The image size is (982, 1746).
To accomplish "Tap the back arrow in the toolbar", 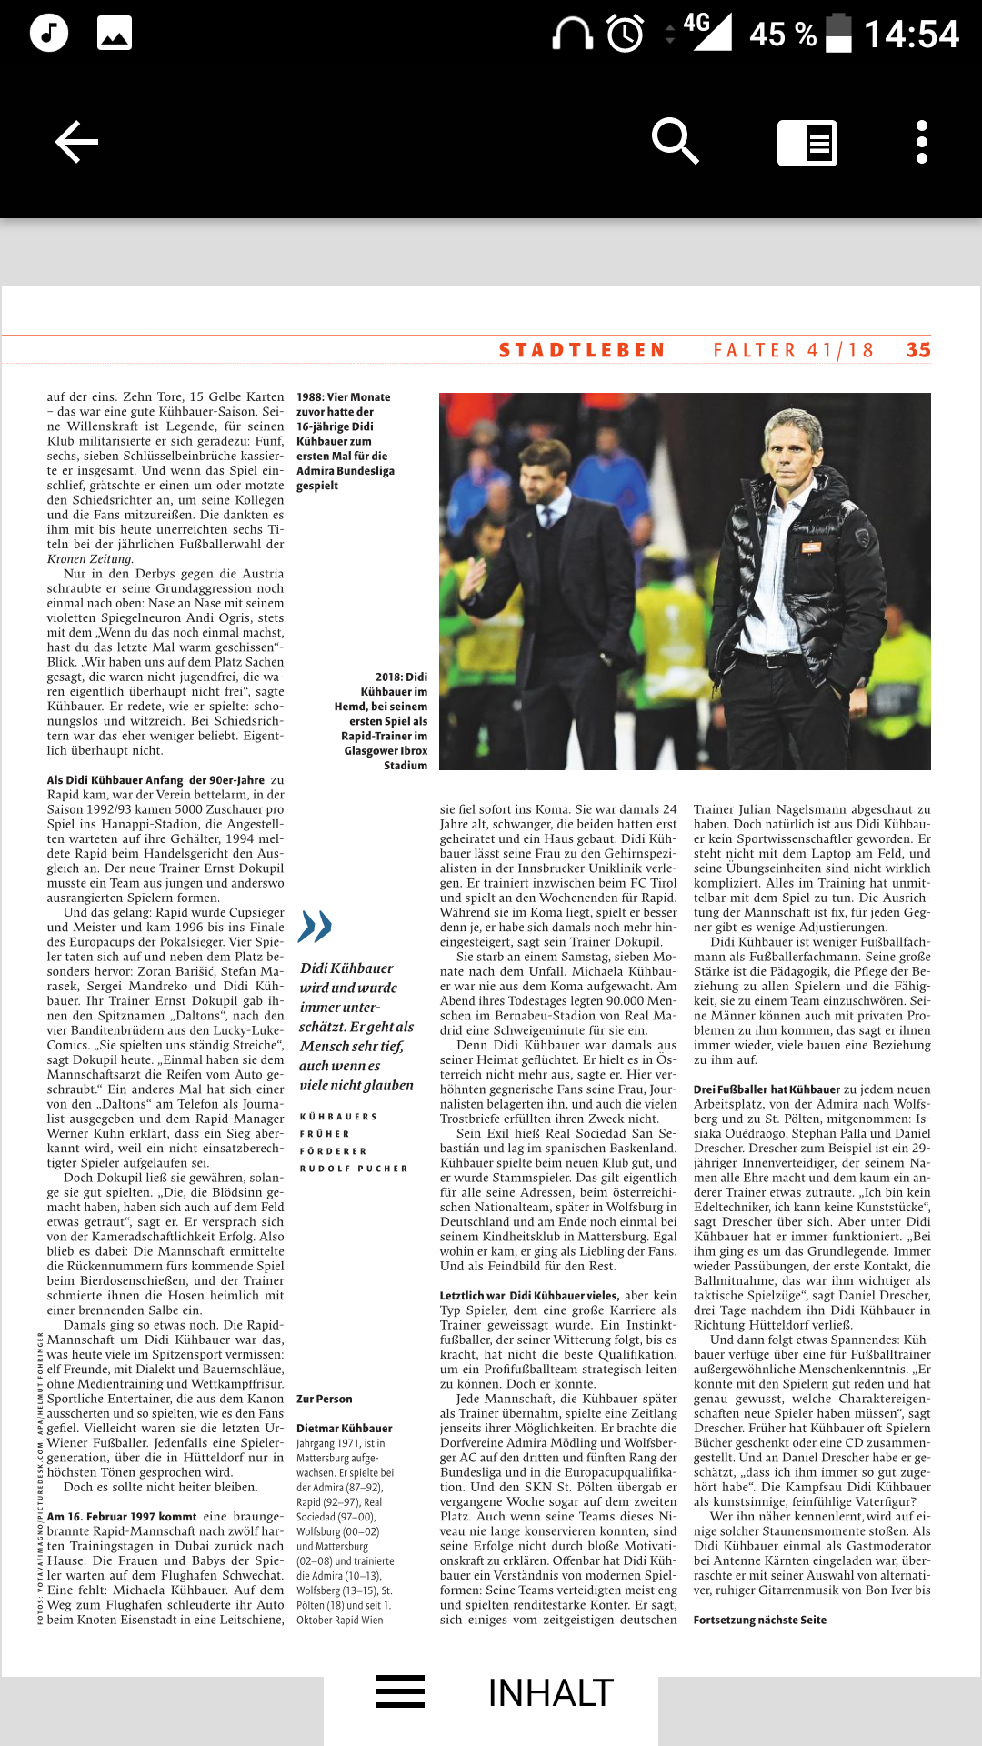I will point(76,142).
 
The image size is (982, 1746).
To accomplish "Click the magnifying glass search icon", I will point(675,142).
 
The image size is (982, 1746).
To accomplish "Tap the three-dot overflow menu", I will point(921,142).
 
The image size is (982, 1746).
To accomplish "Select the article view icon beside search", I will point(807,143).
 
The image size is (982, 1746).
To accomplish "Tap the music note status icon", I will point(49,33).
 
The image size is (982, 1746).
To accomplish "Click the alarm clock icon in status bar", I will point(626,34).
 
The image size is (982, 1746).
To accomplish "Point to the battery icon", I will point(838,33).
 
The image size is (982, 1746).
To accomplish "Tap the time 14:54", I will point(910,35).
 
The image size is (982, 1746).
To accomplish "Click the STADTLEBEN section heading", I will point(582,350).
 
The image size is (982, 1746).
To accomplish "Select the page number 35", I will point(918,350).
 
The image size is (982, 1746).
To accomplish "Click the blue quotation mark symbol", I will point(315,926).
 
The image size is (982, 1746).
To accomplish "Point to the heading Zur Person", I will point(325,1399).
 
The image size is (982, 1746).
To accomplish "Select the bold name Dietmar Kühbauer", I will point(345,1428).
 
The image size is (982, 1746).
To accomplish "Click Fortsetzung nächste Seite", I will point(760,1620).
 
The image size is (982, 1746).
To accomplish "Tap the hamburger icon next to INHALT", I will point(400,1691).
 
